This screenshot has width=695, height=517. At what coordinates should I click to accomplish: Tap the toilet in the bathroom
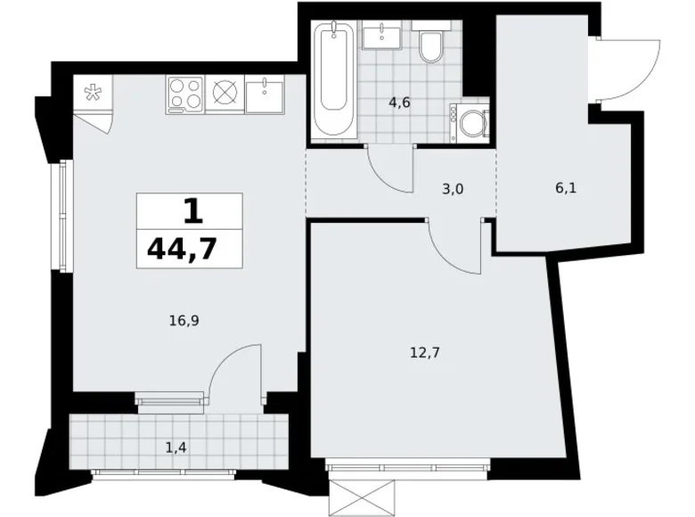(431, 46)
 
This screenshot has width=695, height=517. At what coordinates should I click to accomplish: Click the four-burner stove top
(185, 94)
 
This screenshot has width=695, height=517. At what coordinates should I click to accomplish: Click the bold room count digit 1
(190, 210)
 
